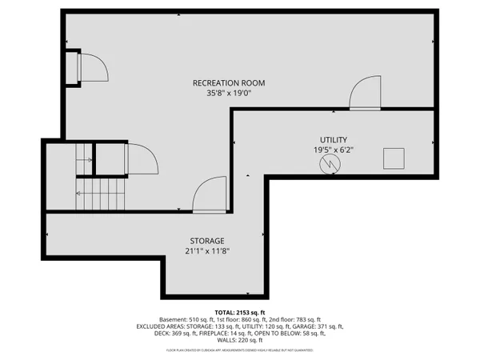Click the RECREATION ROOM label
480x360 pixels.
229,83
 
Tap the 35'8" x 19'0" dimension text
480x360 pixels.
229,94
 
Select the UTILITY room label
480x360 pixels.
333,139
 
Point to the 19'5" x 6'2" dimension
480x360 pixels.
333,150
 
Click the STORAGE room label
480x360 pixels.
206,241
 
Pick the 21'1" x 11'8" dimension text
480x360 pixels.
206,251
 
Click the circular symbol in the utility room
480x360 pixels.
330,164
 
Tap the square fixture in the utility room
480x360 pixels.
394,158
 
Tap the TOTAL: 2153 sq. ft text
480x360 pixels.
239,311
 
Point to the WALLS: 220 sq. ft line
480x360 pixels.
239,341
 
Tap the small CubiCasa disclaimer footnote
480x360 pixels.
239,350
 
